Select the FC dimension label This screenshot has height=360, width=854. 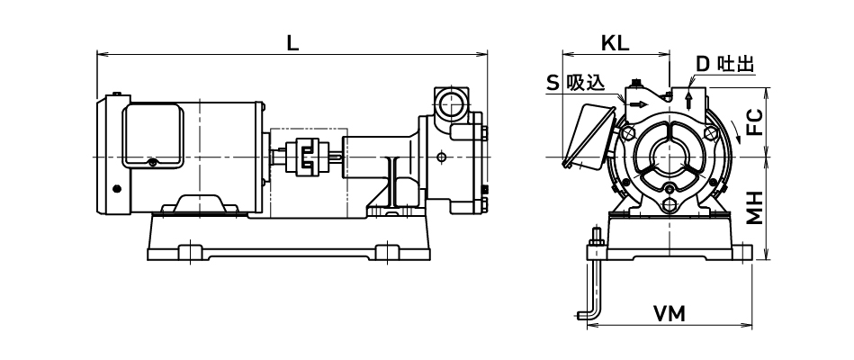(x=756, y=121)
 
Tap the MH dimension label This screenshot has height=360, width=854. (x=756, y=208)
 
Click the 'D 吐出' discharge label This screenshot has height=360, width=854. (x=724, y=63)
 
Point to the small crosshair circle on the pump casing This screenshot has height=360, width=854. (x=440, y=158)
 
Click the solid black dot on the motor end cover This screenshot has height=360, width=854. (x=115, y=188)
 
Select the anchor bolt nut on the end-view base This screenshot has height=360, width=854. (x=595, y=240)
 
